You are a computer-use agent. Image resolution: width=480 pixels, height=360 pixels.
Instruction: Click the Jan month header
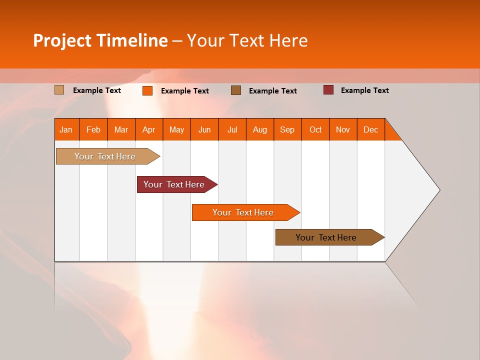(x=66, y=129)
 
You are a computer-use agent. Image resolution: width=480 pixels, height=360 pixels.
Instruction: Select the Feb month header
(x=93, y=129)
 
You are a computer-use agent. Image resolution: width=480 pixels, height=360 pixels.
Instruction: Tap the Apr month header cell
(x=148, y=129)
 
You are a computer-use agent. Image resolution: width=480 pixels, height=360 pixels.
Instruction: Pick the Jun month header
(x=204, y=129)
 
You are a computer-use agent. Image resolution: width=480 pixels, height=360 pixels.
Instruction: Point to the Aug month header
(x=259, y=129)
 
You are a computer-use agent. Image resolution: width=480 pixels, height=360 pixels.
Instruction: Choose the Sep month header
(x=287, y=129)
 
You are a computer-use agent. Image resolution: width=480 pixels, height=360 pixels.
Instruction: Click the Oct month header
(x=315, y=129)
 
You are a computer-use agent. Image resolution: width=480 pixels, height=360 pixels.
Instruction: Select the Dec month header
(x=370, y=129)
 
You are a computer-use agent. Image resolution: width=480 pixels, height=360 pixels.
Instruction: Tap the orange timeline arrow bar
(x=243, y=212)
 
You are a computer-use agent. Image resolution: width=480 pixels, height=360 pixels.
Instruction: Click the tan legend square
(x=59, y=90)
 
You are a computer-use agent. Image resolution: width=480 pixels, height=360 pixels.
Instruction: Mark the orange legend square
(x=147, y=90)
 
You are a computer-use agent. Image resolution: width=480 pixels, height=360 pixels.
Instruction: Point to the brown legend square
(x=236, y=90)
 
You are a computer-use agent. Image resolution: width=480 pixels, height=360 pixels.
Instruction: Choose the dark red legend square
(x=328, y=90)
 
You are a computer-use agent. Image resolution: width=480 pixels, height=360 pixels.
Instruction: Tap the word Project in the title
(x=62, y=40)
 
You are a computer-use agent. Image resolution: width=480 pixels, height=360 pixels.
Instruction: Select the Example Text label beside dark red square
(x=364, y=90)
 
